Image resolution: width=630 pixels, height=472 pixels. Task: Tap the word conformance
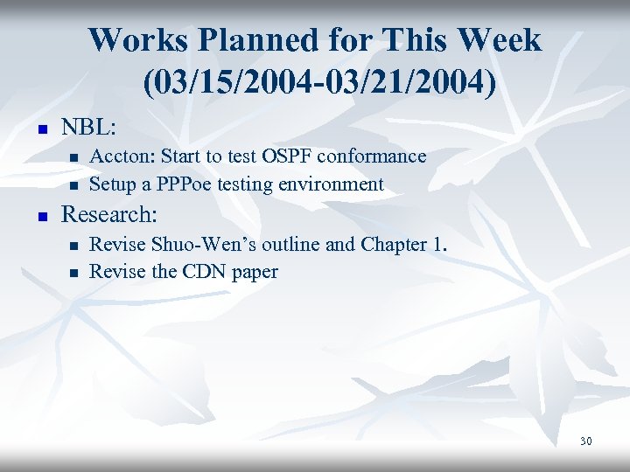pos(372,156)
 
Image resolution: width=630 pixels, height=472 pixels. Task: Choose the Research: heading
pos(108,214)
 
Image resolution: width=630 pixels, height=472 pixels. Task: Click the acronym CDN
pos(205,272)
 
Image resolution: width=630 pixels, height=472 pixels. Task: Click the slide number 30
pos(585,441)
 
